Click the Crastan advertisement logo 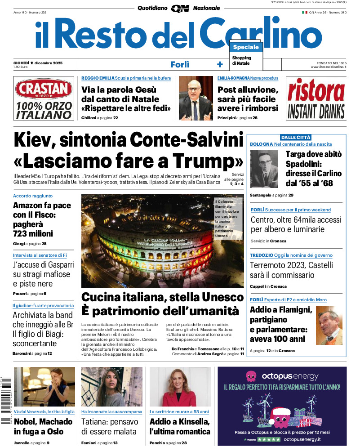click(43, 89)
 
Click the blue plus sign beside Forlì click(220, 64)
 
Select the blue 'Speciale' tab click(246, 47)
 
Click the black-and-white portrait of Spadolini click(264, 169)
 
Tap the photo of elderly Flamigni click(329, 325)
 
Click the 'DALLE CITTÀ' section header click(296, 137)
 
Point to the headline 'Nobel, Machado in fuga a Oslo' click(43, 426)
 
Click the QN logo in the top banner click(180, 9)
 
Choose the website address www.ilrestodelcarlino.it click(328, 67)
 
